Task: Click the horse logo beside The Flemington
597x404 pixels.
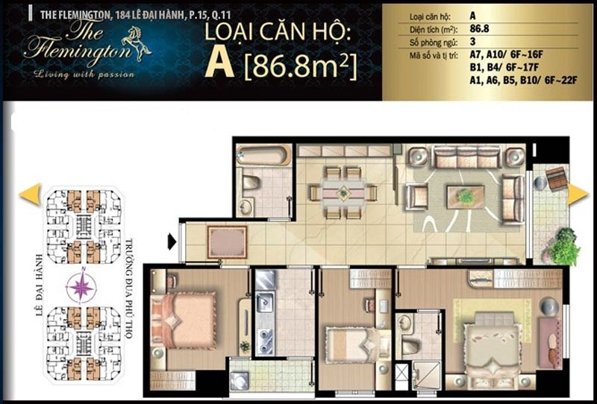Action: click(x=136, y=43)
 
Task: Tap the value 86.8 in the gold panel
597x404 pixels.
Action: click(x=479, y=28)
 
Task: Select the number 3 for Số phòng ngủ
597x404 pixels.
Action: click(x=473, y=42)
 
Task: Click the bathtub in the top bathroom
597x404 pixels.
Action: click(x=263, y=155)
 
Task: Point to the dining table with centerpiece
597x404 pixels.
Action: click(x=344, y=192)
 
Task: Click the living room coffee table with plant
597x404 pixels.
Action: click(x=466, y=197)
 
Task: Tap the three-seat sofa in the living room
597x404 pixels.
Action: click(x=466, y=157)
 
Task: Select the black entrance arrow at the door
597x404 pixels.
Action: click(x=172, y=242)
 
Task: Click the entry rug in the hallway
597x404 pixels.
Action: click(x=227, y=242)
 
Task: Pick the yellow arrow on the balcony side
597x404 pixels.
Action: click(x=578, y=195)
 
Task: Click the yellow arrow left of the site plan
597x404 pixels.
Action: click(x=30, y=194)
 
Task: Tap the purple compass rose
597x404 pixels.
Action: click(x=82, y=286)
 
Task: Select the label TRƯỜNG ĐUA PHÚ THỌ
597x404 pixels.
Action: click(x=128, y=288)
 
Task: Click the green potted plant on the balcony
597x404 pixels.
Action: click(x=563, y=247)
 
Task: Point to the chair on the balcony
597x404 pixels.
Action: click(x=556, y=178)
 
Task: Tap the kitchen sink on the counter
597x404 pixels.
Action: click(x=264, y=303)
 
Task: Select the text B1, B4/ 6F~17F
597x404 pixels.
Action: click(x=504, y=67)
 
